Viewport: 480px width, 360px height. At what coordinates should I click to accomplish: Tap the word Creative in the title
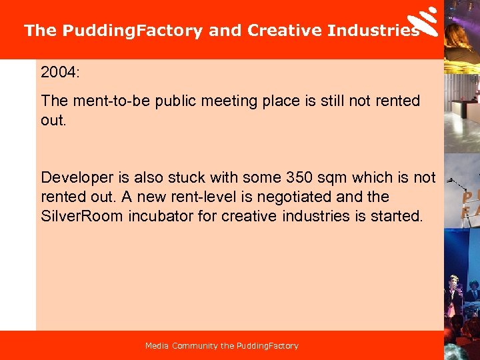click(x=285, y=31)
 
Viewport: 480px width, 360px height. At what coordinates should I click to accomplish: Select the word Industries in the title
click(x=373, y=31)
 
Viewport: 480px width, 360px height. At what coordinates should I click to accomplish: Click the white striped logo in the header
click(x=424, y=21)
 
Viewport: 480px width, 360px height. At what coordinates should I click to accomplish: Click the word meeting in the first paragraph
click(x=249, y=101)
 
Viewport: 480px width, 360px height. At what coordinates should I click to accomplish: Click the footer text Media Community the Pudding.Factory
click(x=222, y=345)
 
